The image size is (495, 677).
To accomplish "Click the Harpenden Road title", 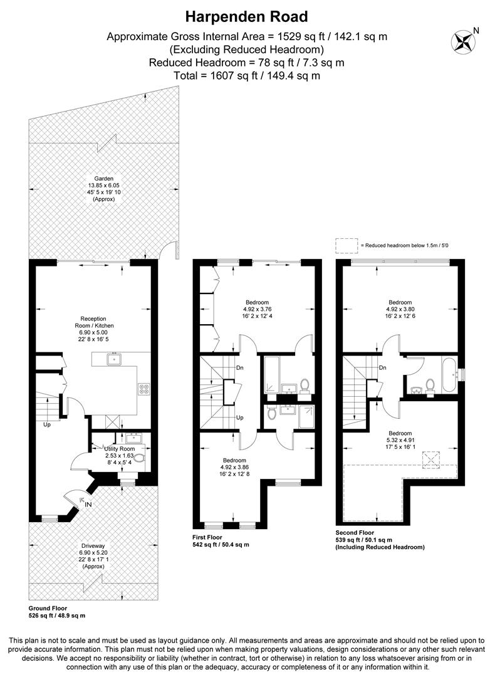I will coord(247,16).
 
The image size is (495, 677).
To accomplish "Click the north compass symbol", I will coord(464,41).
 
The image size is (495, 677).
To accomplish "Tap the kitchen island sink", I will coord(115,359).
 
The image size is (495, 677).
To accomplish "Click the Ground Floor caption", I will coord(48,608).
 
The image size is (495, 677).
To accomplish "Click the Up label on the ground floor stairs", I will coord(46,425).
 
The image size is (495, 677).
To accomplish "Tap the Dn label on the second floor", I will coord(382,368).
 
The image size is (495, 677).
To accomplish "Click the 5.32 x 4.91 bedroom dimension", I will coord(400,441).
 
